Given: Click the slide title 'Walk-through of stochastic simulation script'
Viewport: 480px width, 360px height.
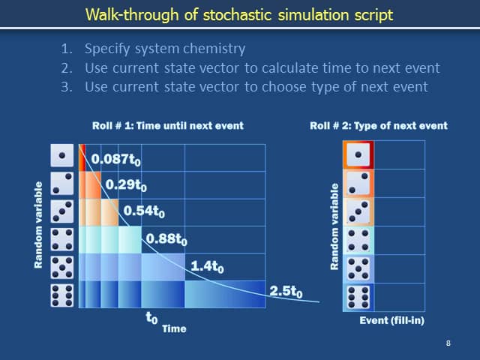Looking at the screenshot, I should coord(239,14).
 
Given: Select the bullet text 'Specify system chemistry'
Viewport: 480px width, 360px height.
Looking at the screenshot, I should coord(164,49).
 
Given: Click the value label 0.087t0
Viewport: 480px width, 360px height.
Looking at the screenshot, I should coord(116,160).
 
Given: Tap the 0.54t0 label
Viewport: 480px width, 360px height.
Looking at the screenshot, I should coord(144,211).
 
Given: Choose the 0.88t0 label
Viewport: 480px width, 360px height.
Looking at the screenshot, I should coord(166,239).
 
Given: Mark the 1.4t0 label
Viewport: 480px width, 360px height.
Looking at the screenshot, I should coord(207,265).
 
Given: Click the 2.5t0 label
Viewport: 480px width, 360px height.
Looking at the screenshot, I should coord(286,291).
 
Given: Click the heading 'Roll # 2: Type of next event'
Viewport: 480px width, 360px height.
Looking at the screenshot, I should coord(379,125).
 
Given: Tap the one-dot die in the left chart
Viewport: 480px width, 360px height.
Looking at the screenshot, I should coord(62,157).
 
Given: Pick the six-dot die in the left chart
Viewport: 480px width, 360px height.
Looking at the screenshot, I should coord(62,295).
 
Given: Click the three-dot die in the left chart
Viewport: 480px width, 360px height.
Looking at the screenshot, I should coord(62,211).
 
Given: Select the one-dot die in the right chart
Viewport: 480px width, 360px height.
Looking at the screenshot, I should coord(358,155).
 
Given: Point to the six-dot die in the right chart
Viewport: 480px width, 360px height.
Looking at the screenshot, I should coord(358,295).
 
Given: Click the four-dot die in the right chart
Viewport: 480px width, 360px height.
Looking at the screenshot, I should coord(358,240).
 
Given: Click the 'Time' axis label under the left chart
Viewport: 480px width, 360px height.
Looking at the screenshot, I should coord(175,328).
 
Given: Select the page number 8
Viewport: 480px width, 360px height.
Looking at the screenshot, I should coord(448,343).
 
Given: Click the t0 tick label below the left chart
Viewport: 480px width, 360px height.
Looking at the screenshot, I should coord(151,317).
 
